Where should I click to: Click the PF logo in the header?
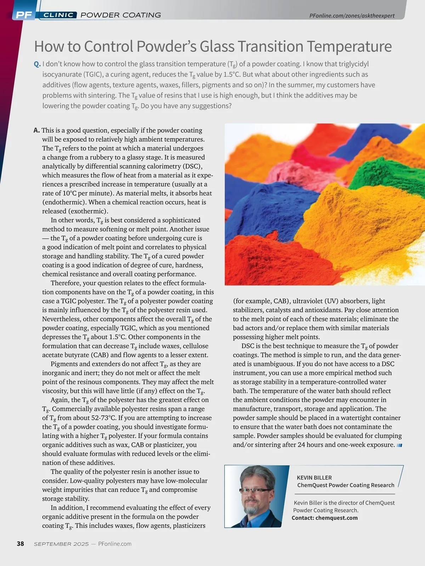coord(24,15)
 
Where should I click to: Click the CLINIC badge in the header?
coord(59,15)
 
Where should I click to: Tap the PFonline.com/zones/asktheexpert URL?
coord(352,16)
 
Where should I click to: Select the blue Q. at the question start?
coord(37,64)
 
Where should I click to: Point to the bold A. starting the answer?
coord(36,130)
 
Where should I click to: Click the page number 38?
coord(21,544)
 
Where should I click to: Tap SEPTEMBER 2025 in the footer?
coord(61,544)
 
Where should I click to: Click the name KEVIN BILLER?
coord(314,478)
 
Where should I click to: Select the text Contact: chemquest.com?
coord(324,518)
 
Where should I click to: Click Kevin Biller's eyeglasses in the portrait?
coord(255,491)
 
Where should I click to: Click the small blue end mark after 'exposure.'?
coord(399,445)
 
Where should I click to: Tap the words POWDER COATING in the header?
coord(121,15)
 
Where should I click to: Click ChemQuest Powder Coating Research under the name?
coord(346,485)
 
